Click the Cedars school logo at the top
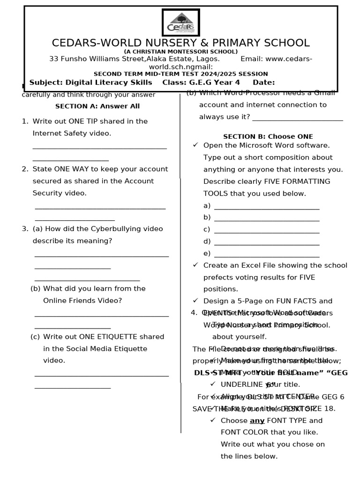pos(180,23)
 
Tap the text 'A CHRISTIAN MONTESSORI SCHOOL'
pos(180,52)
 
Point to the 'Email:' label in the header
pos(252,59)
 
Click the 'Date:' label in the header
pos(263,82)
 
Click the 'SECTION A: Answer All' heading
pos(97,106)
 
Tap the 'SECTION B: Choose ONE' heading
pos(268,137)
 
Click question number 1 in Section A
pos(25,121)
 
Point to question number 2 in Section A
pos(25,169)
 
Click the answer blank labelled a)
pos(266,206)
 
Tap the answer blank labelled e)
pos(266,254)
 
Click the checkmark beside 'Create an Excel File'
pos(195,265)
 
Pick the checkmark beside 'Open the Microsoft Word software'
pos(195,145)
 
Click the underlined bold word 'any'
pos(257,420)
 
